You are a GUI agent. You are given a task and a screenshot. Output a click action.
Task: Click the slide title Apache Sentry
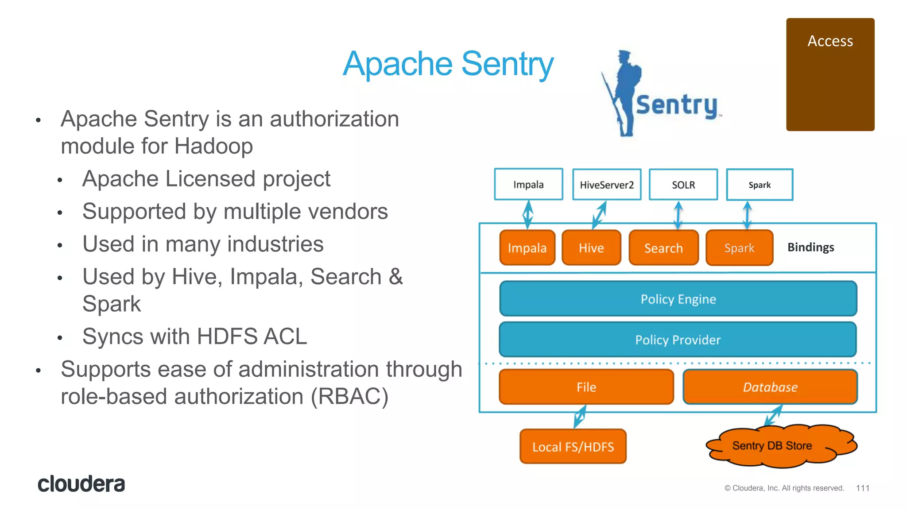[448, 64]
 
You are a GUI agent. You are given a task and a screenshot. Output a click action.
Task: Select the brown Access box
[830, 74]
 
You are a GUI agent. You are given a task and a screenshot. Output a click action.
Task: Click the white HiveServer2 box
[606, 185]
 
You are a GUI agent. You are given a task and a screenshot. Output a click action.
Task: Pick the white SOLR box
[683, 185]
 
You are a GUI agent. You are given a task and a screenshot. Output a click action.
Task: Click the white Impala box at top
[528, 184]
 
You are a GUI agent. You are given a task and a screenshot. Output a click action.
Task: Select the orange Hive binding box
[591, 248]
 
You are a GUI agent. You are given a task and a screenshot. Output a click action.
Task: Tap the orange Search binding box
[663, 248]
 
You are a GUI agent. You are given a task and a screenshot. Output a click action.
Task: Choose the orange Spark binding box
[739, 248]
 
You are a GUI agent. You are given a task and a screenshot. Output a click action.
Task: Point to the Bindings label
[810, 247]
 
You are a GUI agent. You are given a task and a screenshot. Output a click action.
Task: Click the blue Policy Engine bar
[678, 299]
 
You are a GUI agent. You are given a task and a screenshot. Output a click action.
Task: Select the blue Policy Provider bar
[678, 340]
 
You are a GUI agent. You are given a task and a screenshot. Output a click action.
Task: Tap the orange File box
[586, 387]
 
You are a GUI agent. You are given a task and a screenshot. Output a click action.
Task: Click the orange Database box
[770, 387]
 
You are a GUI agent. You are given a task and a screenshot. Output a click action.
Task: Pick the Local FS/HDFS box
[573, 447]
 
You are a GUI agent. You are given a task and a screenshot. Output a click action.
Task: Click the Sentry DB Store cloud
[772, 446]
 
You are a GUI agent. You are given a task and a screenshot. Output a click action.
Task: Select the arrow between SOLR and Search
[678, 215]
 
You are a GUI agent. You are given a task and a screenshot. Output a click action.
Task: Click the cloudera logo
[81, 484]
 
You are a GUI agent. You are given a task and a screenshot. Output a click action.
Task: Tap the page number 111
[862, 488]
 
